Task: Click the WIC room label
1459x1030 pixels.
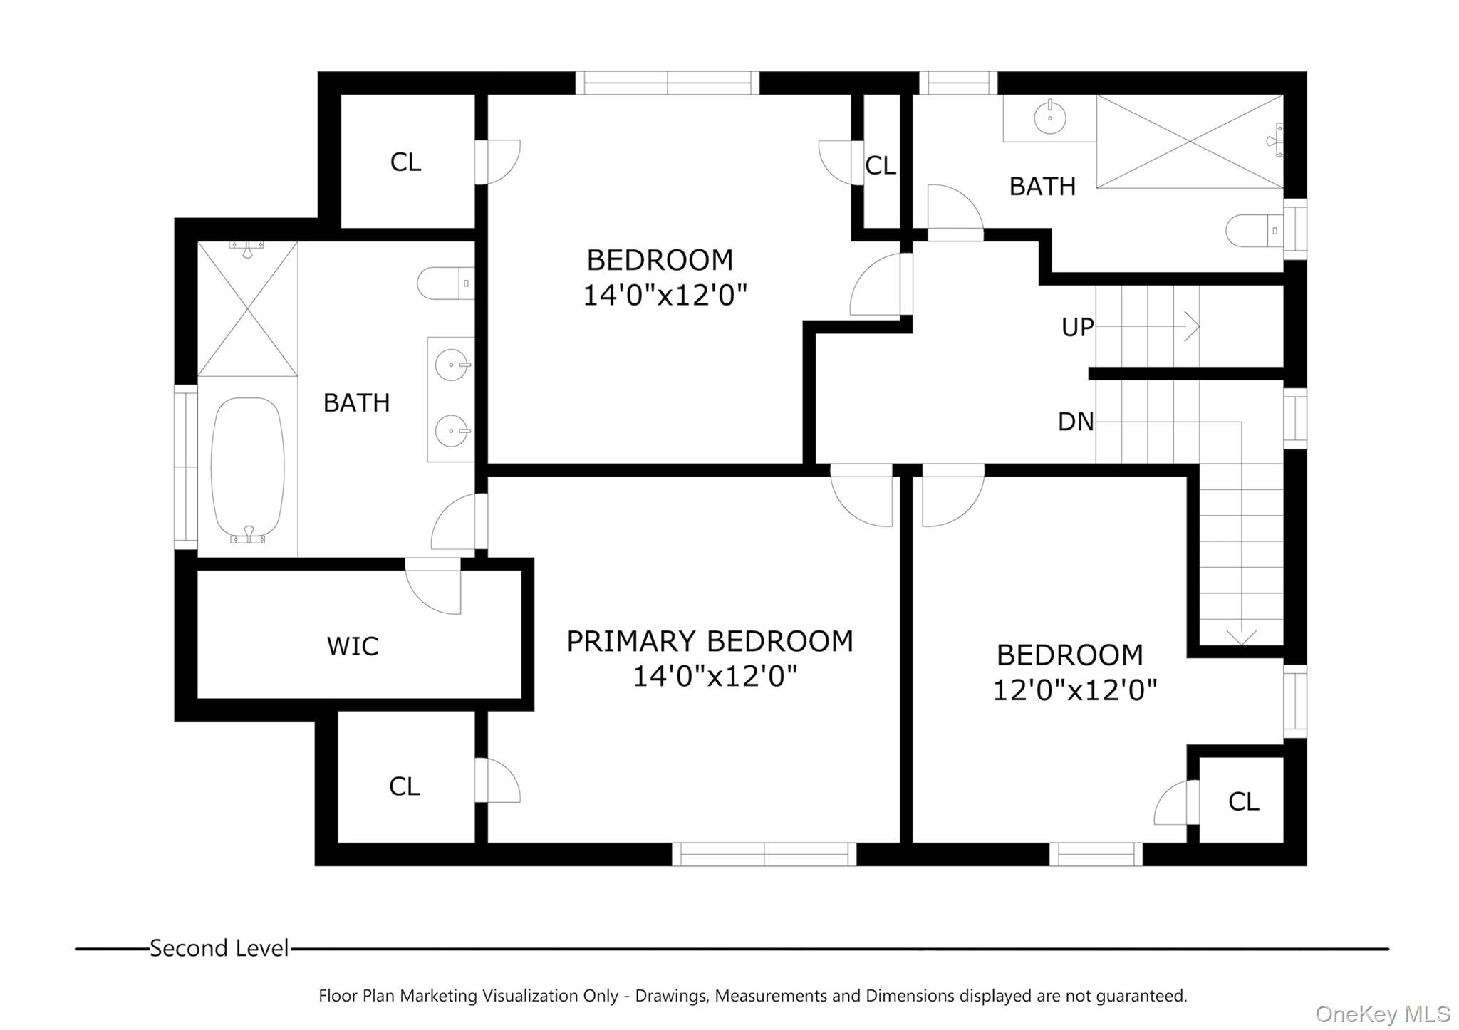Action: (x=352, y=646)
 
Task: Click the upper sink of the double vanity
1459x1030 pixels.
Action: (x=452, y=365)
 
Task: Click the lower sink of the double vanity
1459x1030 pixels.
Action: (x=452, y=431)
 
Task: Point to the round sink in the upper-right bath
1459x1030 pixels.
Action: (x=1049, y=118)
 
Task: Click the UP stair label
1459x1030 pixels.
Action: (x=1077, y=327)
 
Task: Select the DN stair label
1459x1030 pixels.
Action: (x=1076, y=422)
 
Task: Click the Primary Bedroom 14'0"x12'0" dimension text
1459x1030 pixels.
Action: (x=715, y=676)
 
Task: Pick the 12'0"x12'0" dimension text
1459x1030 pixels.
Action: (x=1074, y=690)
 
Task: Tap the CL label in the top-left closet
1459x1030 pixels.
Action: (x=405, y=162)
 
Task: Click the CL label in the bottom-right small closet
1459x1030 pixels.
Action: (x=1243, y=802)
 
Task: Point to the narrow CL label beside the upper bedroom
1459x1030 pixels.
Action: (x=880, y=166)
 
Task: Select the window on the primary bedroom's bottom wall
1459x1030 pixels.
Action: (x=764, y=854)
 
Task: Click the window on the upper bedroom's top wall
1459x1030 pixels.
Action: (x=667, y=83)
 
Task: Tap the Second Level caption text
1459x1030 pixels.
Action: (x=219, y=948)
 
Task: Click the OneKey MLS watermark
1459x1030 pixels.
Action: (x=1382, y=1014)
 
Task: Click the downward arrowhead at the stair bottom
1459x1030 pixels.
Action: (x=1241, y=636)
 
